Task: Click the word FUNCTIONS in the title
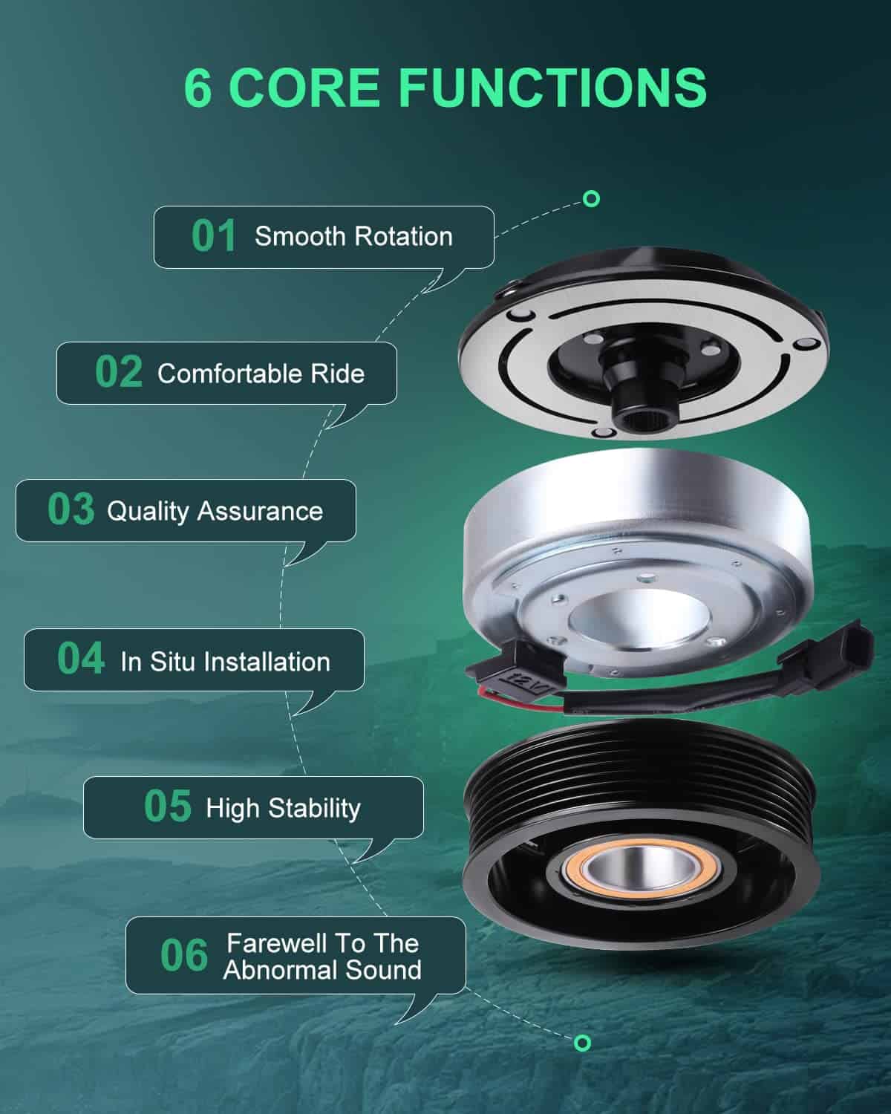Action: point(552,88)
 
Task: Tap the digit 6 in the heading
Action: point(198,88)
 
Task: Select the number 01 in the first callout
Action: point(214,235)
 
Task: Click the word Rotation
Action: point(404,237)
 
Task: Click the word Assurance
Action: point(261,512)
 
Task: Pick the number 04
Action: point(81,658)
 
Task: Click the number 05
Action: point(168,806)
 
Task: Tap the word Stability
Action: point(314,809)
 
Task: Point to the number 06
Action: point(184,955)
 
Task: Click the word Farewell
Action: point(275,943)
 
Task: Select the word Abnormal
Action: point(280,970)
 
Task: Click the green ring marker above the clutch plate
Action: point(591,199)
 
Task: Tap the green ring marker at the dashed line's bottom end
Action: point(582,1043)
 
